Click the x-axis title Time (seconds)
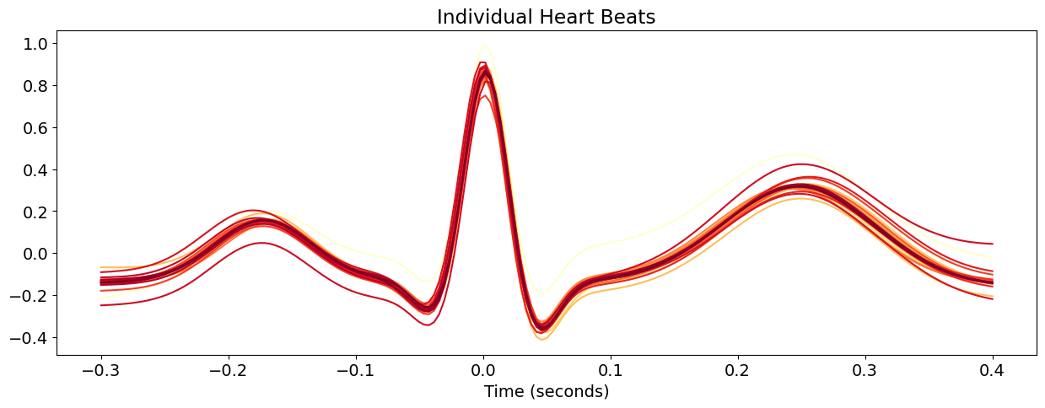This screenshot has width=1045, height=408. click(546, 392)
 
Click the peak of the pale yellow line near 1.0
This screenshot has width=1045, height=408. click(485, 46)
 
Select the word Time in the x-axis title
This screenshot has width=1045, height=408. click(501, 392)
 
